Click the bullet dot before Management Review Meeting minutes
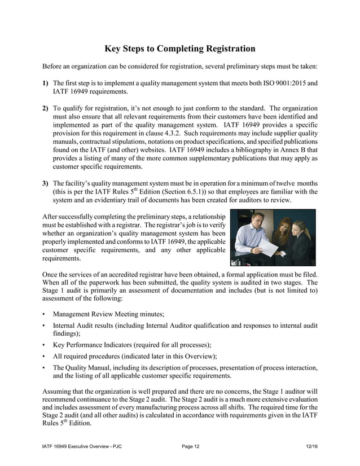coord(44,314)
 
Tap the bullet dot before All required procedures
coord(44,356)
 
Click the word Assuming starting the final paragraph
coord(58,390)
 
